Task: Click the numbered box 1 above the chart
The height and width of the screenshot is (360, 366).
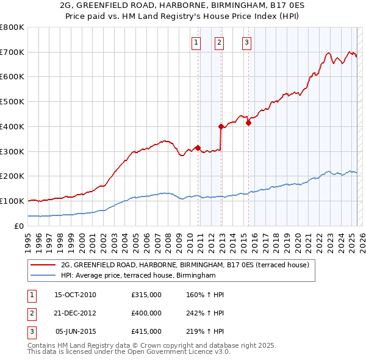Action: point(196,42)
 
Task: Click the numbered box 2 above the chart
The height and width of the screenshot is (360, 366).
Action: point(219,42)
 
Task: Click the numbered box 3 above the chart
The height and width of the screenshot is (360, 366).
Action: point(246,42)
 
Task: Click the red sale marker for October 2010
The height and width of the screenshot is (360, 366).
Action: point(198,147)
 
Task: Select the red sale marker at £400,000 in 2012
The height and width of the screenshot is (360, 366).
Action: point(221,126)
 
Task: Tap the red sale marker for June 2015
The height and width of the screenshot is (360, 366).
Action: point(248,123)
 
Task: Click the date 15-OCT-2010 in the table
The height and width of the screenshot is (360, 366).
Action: point(75,295)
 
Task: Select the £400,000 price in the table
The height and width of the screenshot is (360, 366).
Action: point(146,313)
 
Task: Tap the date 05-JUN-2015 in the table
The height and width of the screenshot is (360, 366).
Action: point(75,331)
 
